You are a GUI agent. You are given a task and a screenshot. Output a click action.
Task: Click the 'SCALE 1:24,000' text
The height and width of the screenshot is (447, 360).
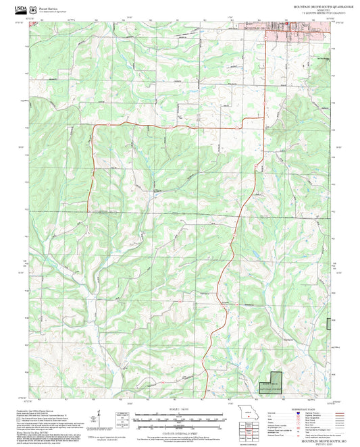click(x=180, y=409)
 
